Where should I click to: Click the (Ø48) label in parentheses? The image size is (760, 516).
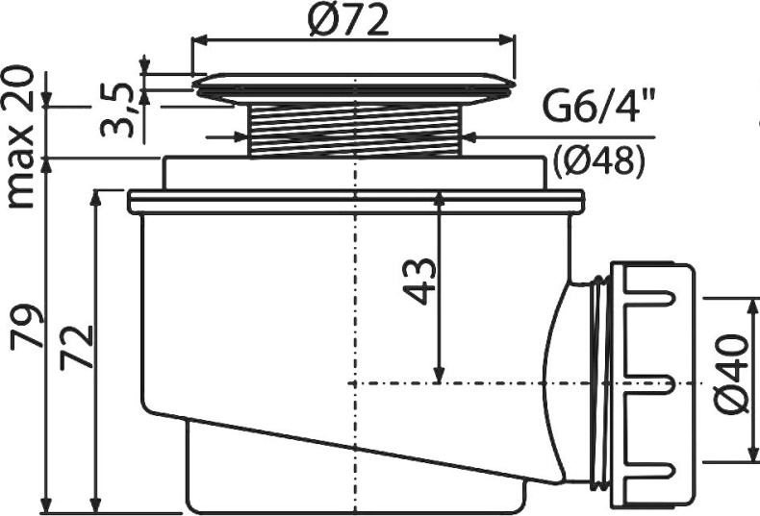(598, 160)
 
